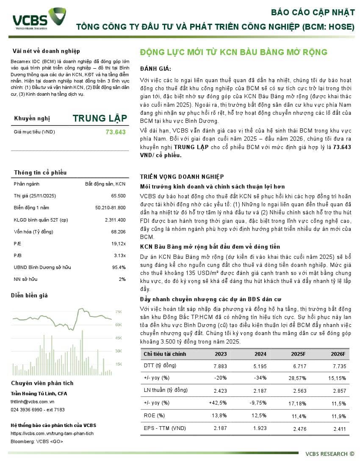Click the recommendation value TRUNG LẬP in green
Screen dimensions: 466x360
click(x=99, y=118)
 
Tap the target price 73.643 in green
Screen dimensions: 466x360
click(x=115, y=132)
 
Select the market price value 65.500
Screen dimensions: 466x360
click(x=118, y=196)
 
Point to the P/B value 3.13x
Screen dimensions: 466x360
click(x=119, y=255)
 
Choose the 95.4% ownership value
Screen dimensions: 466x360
click(x=119, y=267)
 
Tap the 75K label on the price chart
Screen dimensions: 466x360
click(x=119, y=312)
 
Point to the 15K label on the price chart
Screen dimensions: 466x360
click(x=119, y=364)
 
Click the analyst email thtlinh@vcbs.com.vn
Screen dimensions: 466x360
click(x=32, y=402)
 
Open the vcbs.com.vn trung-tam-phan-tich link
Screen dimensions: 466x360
click(x=52, y=433)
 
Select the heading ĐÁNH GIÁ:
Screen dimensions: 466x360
click(x=155, y=69)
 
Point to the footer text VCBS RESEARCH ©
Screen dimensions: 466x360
click(x=330, y=454)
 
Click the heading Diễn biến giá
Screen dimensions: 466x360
click(x=29, y=295)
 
